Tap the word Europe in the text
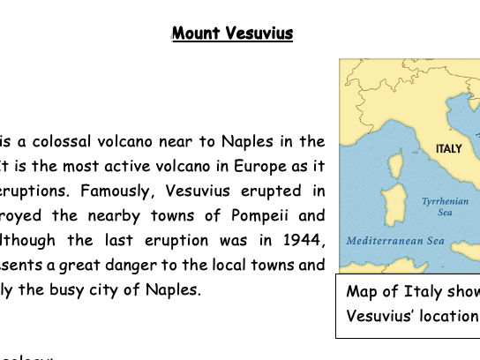[236, 165]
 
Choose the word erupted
[270, 190]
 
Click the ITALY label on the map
[449, 149]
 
